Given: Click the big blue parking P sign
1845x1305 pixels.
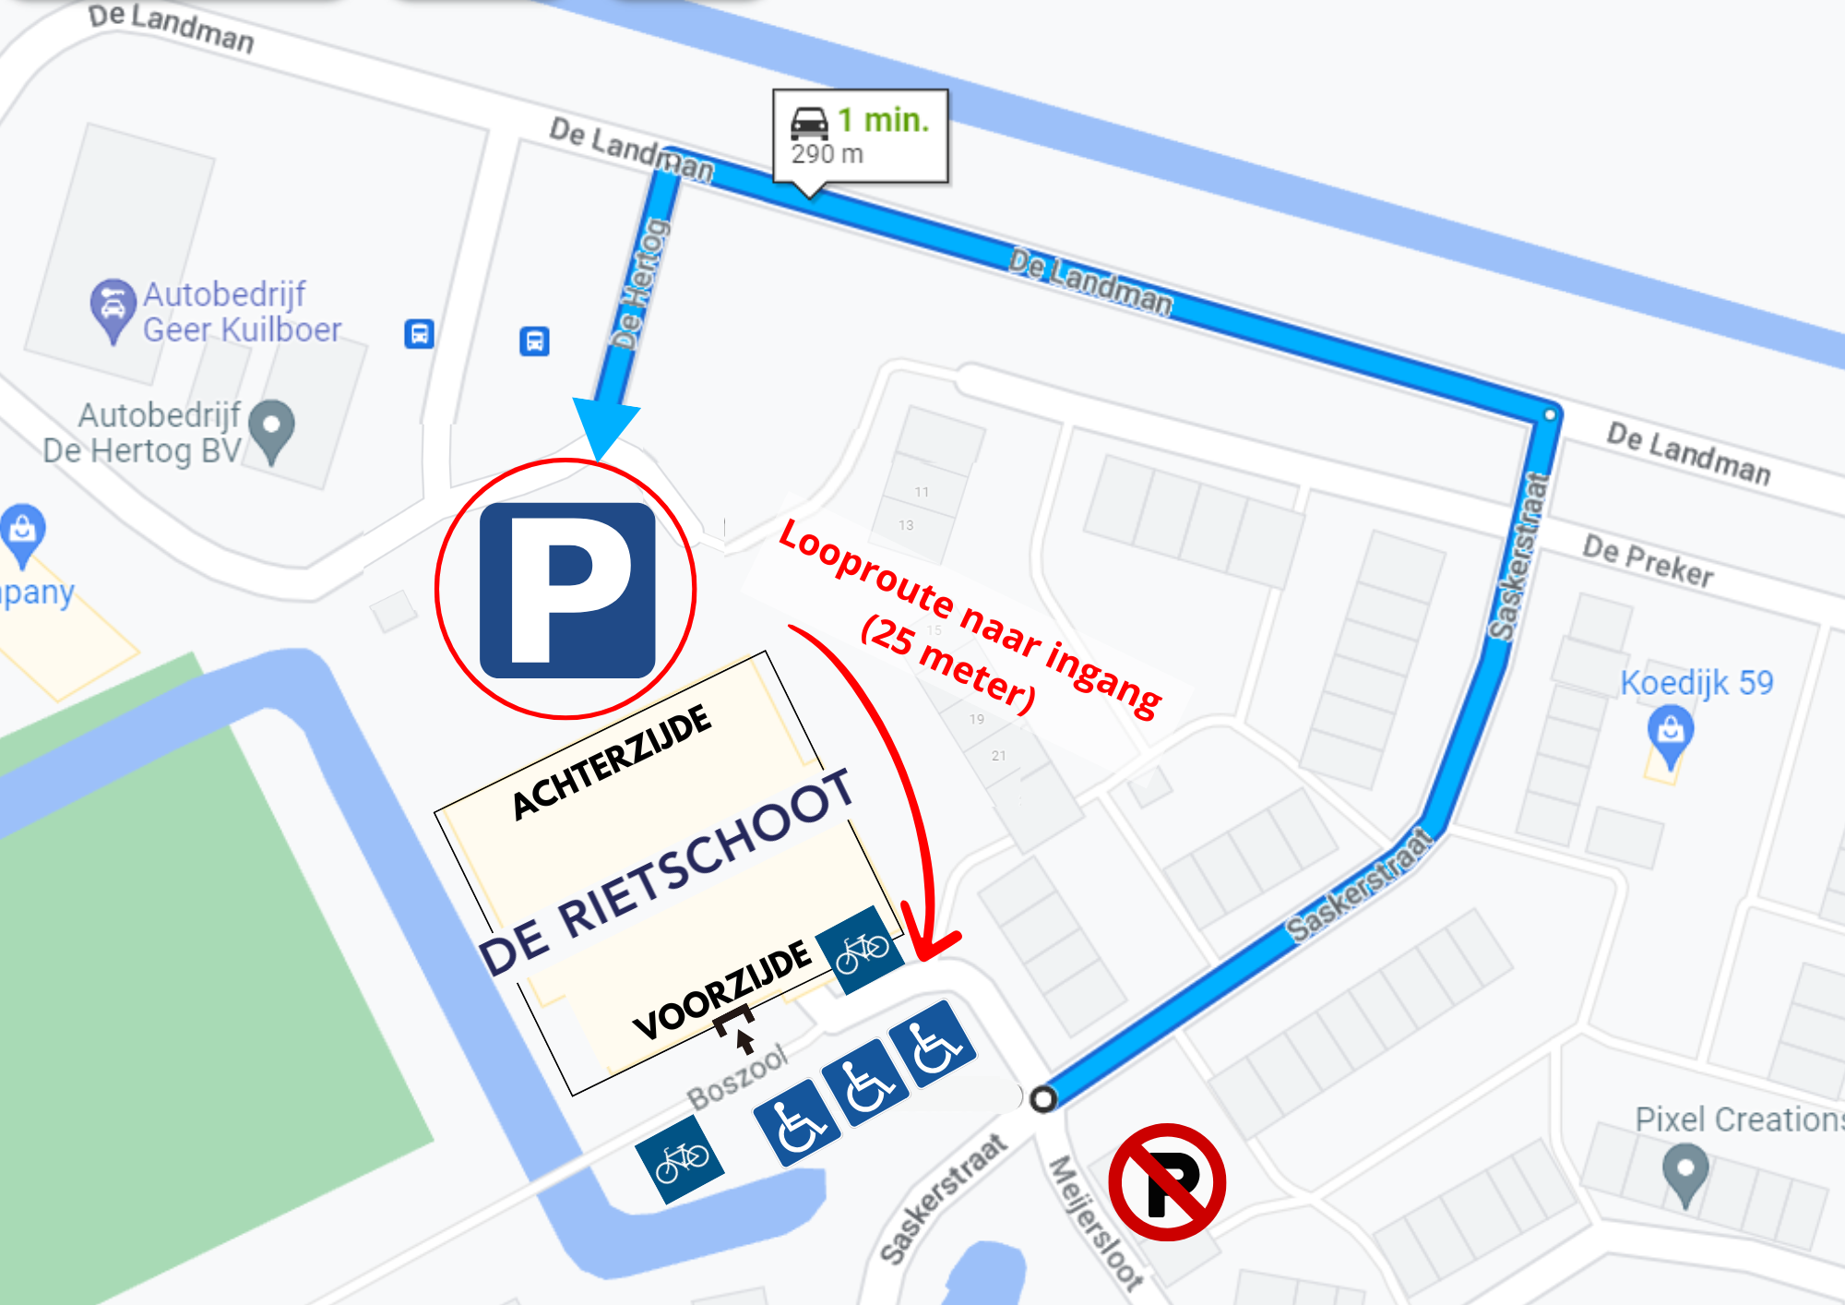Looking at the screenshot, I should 567,590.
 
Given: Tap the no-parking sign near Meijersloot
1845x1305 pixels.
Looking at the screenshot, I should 1167,1181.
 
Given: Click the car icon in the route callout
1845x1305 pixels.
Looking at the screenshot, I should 809,123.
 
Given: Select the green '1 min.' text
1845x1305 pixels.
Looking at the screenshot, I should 883,121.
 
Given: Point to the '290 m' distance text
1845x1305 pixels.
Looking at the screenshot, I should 827,154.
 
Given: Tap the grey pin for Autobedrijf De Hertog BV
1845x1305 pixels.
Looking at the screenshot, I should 271,430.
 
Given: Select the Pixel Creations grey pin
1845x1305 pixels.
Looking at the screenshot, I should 1685,1173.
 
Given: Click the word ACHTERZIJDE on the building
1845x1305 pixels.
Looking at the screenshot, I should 612,762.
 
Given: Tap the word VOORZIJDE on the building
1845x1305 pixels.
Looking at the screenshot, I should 721,991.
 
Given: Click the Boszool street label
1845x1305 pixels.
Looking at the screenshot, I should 737,1078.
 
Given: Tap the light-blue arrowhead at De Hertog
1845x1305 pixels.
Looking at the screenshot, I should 604,425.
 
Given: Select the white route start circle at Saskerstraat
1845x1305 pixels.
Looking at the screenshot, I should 1043,1099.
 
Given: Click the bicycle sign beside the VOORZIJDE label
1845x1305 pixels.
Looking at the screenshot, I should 862,951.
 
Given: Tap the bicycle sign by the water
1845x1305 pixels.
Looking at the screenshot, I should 680,1159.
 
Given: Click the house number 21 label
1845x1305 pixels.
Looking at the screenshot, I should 999,756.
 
